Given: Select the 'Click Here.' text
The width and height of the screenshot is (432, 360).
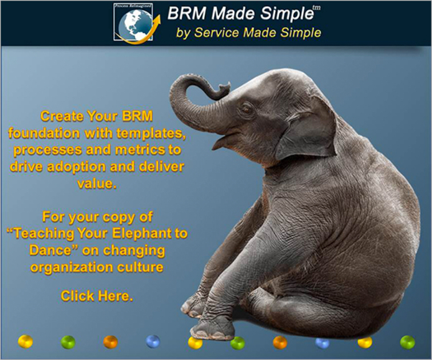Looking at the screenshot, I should [x=96, y=296].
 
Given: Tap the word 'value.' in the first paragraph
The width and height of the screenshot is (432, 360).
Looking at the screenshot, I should [x=96, y=184].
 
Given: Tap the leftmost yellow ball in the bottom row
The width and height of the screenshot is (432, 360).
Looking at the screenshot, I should [x=26, y=341].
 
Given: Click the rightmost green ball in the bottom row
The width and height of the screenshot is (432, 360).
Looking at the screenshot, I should [x=407, y=342].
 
